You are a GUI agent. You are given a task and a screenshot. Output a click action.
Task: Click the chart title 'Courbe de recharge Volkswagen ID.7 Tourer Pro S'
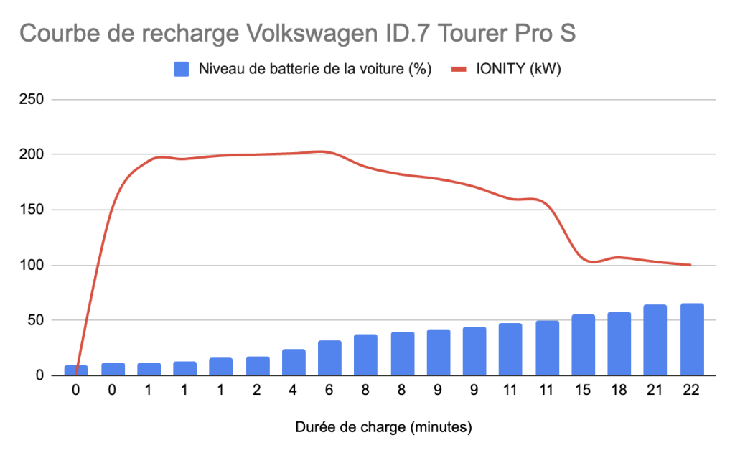point(297,34)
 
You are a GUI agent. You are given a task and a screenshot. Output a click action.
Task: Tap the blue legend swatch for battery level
point(182,70)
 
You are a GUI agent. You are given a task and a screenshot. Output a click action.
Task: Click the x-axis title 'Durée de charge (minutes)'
point(383,428)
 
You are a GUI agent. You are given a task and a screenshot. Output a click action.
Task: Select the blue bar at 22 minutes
point(692,340)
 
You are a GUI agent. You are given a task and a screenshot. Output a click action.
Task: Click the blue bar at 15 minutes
point(583,345)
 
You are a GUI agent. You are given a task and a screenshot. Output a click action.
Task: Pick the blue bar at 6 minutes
point(329,357)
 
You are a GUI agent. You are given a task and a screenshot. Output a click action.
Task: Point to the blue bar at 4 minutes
point(294,362)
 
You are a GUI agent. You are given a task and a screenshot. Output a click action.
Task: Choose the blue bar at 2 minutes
point(258,366)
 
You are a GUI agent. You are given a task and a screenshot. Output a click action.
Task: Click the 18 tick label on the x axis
point(619,391)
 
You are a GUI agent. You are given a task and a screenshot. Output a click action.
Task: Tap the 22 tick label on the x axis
point(692,391)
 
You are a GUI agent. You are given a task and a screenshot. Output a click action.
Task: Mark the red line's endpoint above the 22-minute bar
point(690,265)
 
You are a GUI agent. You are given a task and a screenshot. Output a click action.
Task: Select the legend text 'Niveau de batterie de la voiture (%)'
point(314,70)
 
